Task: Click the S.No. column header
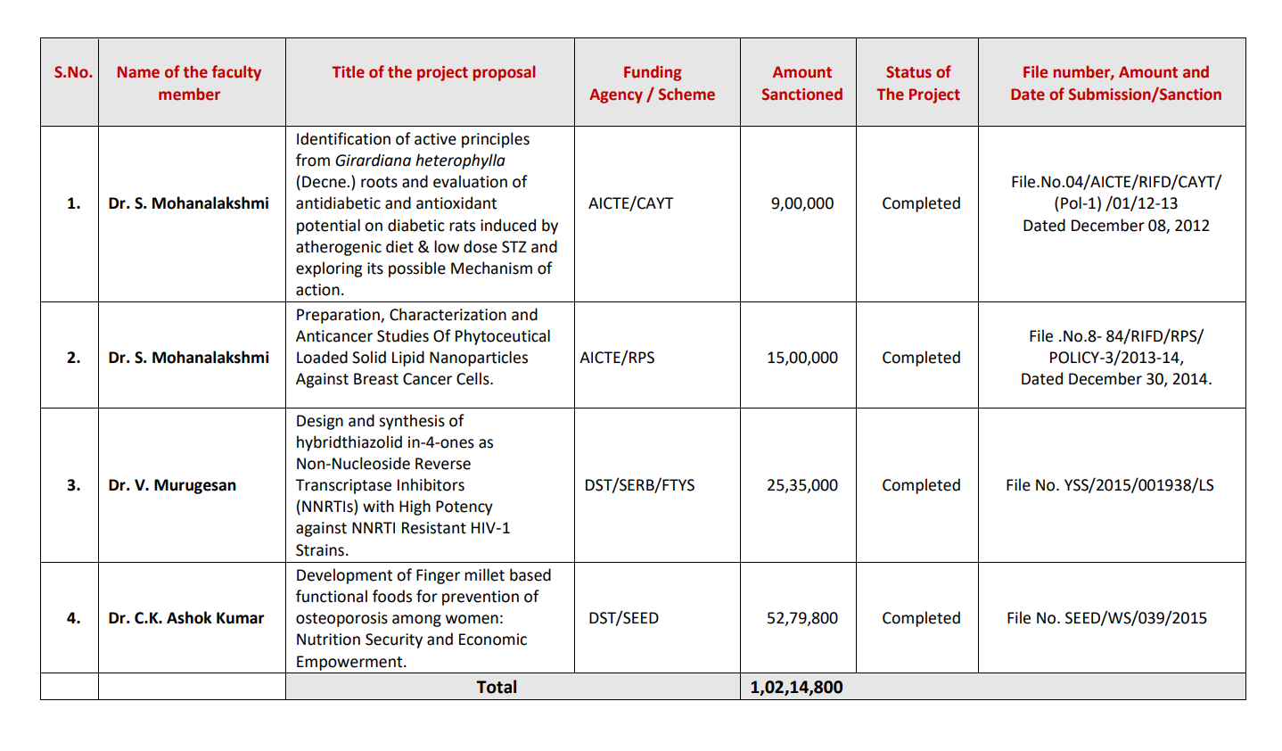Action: [73, 72]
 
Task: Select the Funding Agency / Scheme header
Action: [652, 83]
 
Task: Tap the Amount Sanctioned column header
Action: [801, 83]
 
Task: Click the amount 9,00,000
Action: [802, 203]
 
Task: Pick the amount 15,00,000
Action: [802, 358]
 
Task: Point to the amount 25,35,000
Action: [802, 485]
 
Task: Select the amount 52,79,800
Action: [802, 618]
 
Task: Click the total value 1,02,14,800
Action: [796, 687]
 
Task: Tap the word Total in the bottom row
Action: [497, 687]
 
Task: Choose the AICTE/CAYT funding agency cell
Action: [630, 203]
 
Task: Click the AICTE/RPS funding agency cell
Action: [617, 358]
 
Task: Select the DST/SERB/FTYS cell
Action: [639, 485]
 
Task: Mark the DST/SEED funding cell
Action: [623, 618]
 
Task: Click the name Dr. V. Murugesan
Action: [172, 485]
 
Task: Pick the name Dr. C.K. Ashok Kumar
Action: [186, 618]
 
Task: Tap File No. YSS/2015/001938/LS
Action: [1109, 485]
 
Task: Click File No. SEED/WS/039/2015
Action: [1106, 618]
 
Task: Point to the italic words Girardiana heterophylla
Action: [420, 161]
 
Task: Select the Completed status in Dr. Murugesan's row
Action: [921, 485]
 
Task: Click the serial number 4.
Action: [73, 618]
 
